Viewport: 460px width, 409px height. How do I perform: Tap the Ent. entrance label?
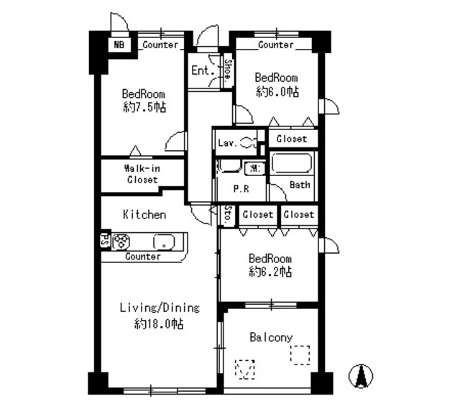click(x=201, y=70)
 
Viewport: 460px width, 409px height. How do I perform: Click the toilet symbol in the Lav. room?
click(x=249, y=142)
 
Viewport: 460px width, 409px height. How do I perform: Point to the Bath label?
click(x=300, y=185)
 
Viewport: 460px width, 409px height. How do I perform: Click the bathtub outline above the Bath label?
click(x=292, y=164)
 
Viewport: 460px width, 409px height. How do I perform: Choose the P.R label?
click(x=240, y=189)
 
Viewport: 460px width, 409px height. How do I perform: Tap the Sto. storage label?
click(x=227, y=215)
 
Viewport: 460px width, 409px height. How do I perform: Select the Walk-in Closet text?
click(x=142, y=174)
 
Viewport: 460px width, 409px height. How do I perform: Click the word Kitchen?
click(x=144, y=214)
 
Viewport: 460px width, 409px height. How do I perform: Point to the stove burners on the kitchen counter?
click(x=120, y=242)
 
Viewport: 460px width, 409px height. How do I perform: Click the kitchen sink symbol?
click(x=165, y=242)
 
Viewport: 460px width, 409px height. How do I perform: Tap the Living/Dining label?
click(x=159, y=308)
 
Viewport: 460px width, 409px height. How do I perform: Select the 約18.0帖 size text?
click(x=159, y=323)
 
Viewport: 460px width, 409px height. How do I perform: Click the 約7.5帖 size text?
click(x=144, y=107)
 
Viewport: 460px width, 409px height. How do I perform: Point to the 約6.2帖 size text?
click(x=270, y=272)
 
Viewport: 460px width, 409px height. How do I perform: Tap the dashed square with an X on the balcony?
click(x=245, y=369)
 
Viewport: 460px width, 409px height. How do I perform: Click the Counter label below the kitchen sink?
click(x=142, y=257)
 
